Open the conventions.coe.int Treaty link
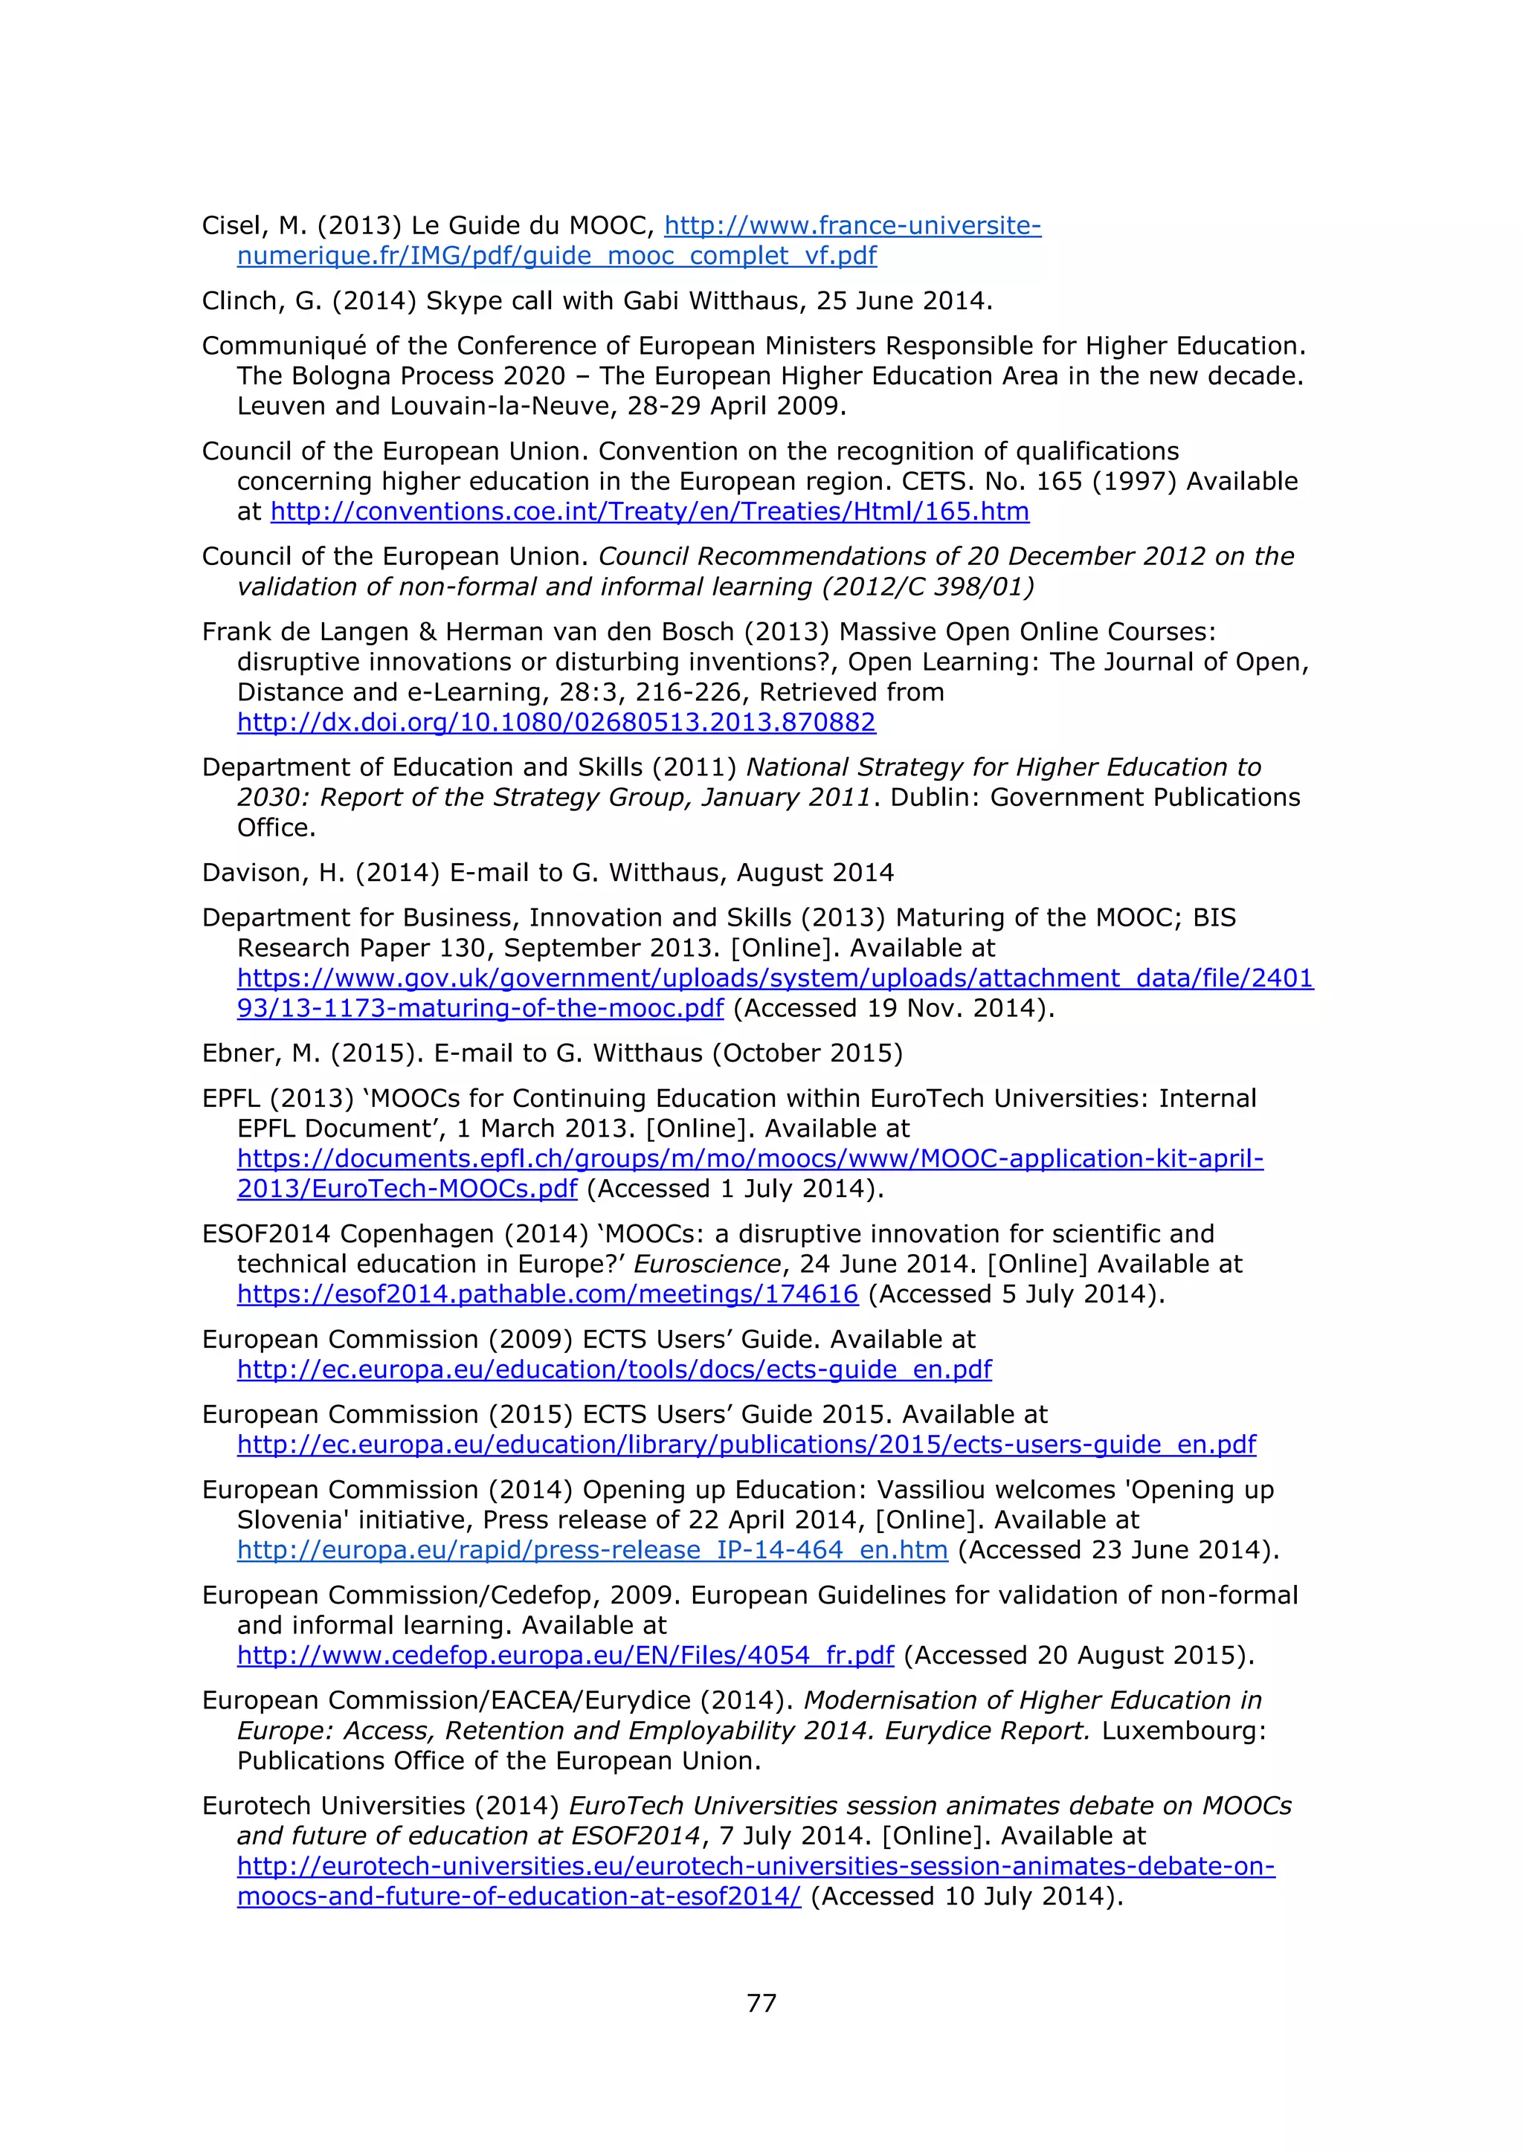[x=649, y=512]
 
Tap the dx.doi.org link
[x=556, y=722]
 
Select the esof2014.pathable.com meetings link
[x=547, y=1294]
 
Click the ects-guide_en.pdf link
[x=614, y=1369]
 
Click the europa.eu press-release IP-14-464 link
[x=592, y=1550]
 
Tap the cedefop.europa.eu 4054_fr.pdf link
[x=564, y=1655]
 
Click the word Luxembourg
[x=1183, y=1730]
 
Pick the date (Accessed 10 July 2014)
[x=966, y=1896]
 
